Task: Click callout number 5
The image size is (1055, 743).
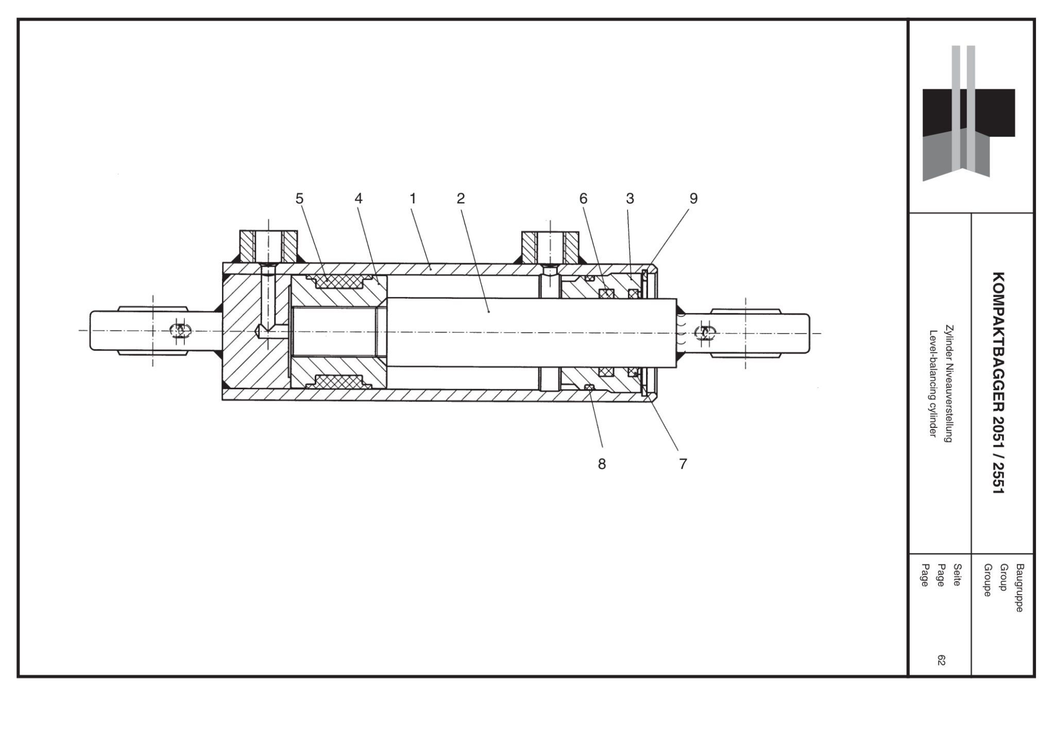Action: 299,198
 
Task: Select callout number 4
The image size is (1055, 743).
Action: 359,198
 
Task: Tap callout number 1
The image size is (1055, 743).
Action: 412,198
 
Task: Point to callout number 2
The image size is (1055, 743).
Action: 461,198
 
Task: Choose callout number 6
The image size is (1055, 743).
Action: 583,198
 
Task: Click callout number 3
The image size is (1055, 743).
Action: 629,198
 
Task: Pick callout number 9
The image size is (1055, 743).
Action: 693,198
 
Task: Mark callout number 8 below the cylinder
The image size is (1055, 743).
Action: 602,464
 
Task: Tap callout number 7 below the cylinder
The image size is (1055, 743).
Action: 683,464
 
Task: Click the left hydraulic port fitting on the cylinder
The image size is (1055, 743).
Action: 268,246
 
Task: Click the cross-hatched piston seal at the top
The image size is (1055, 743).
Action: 339,282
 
